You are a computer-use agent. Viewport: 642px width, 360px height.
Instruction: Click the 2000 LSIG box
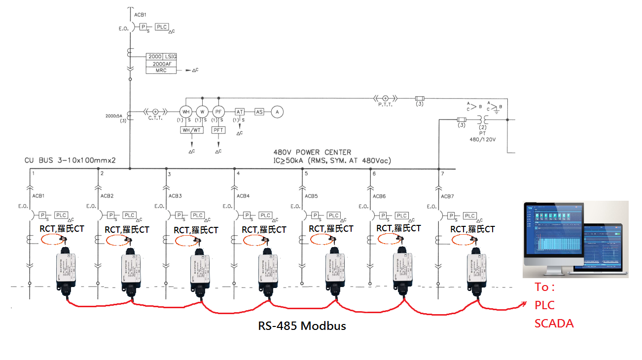161,57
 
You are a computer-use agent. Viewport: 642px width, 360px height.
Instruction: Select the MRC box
161,71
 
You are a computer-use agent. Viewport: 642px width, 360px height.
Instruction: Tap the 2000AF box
161,64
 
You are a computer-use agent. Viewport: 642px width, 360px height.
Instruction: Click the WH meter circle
186,112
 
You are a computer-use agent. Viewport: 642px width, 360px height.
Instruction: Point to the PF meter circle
218,112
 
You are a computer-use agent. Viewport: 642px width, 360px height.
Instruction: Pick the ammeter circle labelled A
278,112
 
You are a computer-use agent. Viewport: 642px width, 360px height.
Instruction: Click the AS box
259,112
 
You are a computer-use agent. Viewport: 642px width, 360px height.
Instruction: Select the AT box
240,112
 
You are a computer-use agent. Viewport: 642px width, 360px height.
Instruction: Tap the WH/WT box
191,130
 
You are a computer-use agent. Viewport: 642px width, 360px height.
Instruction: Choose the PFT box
218,130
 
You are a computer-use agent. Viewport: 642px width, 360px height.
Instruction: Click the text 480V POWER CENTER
312,152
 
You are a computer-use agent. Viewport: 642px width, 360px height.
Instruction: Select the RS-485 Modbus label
302,326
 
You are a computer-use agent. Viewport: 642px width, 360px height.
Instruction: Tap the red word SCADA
554,324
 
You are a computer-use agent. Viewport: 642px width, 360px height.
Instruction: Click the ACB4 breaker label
243,196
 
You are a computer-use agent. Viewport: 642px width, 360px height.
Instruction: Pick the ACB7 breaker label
447,196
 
